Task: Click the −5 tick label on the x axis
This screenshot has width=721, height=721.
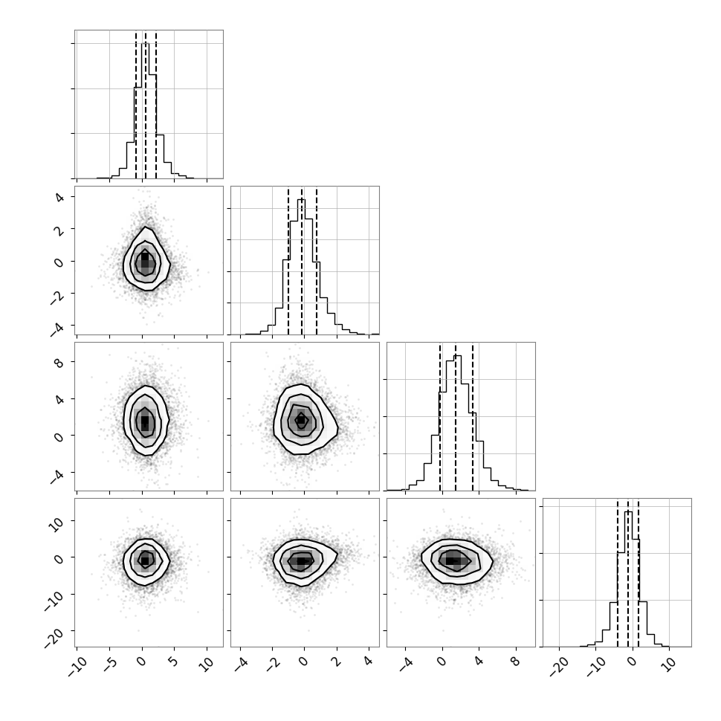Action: coord(109,665)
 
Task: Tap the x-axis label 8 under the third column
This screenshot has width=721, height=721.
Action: coord(515,662)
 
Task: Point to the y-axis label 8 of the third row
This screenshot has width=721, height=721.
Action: coord(59,362)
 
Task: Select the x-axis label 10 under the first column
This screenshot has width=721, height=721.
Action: coord(207,664)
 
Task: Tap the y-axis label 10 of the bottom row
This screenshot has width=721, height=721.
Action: coord(56,523)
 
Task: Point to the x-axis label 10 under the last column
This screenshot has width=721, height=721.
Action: coord(669,664)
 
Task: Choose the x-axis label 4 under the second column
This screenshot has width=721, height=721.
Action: coord(369,662)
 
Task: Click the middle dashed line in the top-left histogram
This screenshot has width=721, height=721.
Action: coord(146,105)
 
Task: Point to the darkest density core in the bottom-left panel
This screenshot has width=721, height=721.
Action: coord(145,560)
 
